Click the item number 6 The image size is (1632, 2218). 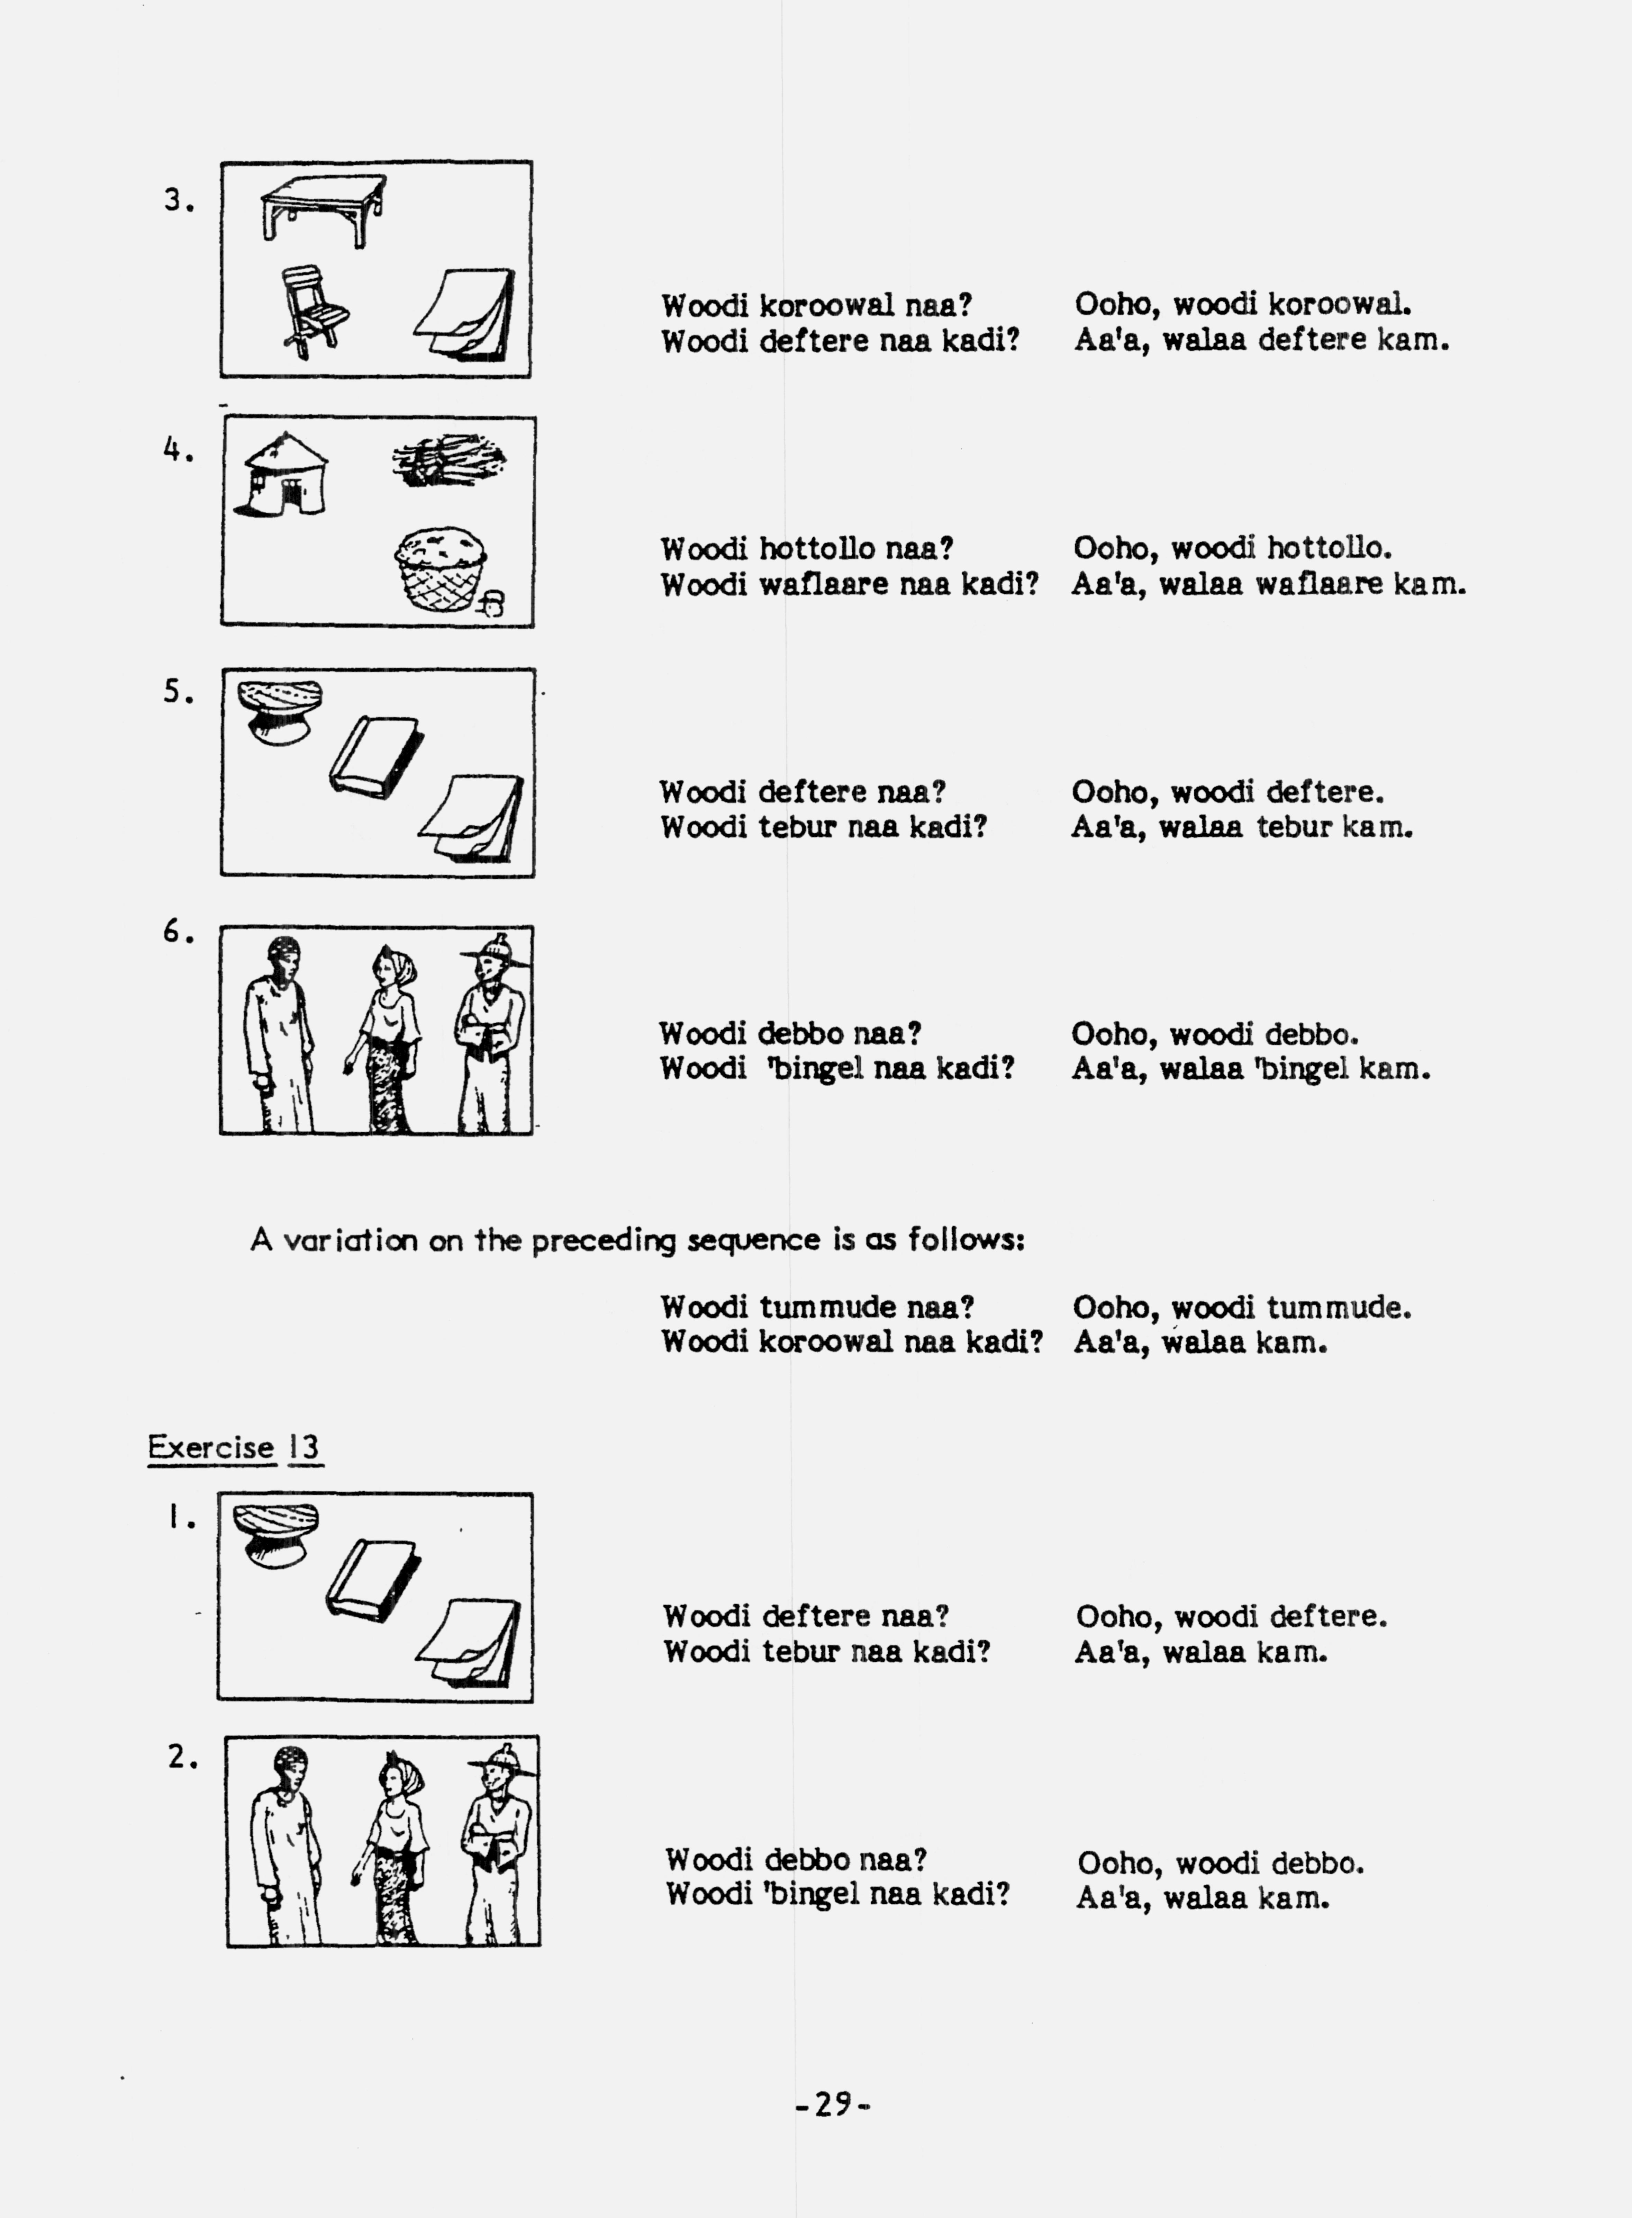click(x=178, y=932)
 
